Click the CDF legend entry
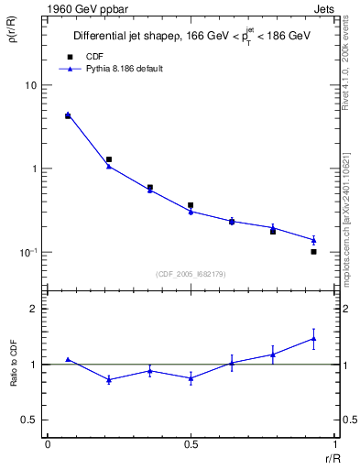(90, 56)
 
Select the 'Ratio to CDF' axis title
(14, 364)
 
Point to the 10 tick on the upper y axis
(30, 85)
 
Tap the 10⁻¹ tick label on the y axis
(28, 252)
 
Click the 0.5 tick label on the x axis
(190, 444)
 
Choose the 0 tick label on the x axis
(48, 444)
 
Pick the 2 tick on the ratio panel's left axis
(35, 309)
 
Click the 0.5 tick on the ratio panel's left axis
(30, 420)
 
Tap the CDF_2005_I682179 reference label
(190, 272)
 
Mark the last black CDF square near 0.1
(313, 251)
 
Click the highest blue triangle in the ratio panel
(313, 338)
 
